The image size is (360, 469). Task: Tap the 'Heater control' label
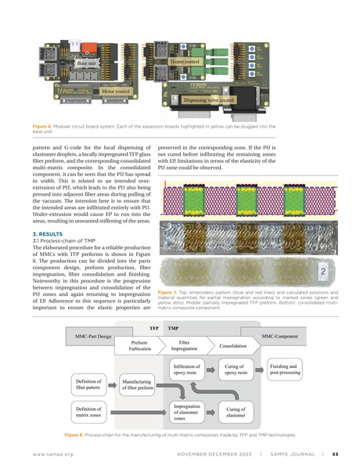186,61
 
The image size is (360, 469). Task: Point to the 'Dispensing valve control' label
208,100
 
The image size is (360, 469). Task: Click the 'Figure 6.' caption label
47,125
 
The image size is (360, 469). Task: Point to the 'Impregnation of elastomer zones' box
189,411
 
